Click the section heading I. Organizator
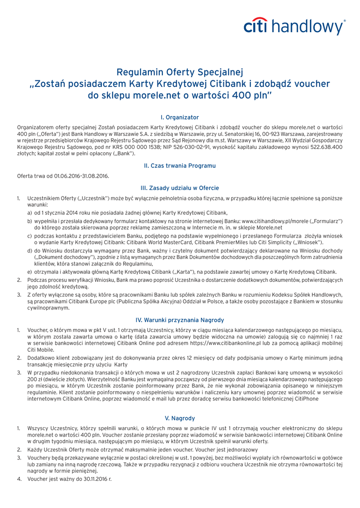180,117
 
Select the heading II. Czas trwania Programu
180,165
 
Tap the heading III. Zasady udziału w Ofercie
180,188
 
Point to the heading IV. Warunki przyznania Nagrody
180,320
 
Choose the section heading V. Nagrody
180,418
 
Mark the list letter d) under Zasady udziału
30,251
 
